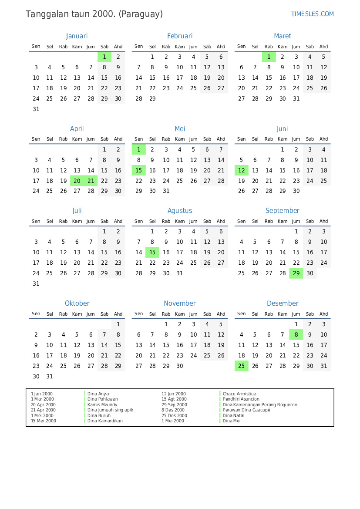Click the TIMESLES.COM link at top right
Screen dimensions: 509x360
tap(312, 14)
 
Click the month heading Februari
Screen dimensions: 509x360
tap(179, 36)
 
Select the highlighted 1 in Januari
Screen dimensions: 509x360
tap(104, 57)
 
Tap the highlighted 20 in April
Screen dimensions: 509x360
tap(77, 181)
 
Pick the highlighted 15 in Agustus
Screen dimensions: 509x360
tap(152, 253)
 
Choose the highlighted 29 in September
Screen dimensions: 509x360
tap(296, 273)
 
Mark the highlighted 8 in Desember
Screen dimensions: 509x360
tap(296, 334)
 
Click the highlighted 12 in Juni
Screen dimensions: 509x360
tap(242, 170)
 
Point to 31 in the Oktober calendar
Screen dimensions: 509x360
tap(50, 377)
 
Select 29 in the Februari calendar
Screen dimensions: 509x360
tap(152, 99)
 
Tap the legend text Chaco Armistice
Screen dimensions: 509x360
tap(239, 394)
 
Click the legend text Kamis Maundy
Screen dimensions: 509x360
tap(102, 405)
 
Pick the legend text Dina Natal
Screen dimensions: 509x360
tap(233, 416)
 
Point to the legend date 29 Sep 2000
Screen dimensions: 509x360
tap(174, 405)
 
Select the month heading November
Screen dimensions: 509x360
tap(179, 303)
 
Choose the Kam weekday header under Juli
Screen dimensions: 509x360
tap(77, 221)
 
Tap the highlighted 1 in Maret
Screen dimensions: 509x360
tap(269, 57)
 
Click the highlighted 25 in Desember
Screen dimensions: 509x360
tap(242, 366)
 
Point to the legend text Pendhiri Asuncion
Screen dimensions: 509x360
tap(241, 399)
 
